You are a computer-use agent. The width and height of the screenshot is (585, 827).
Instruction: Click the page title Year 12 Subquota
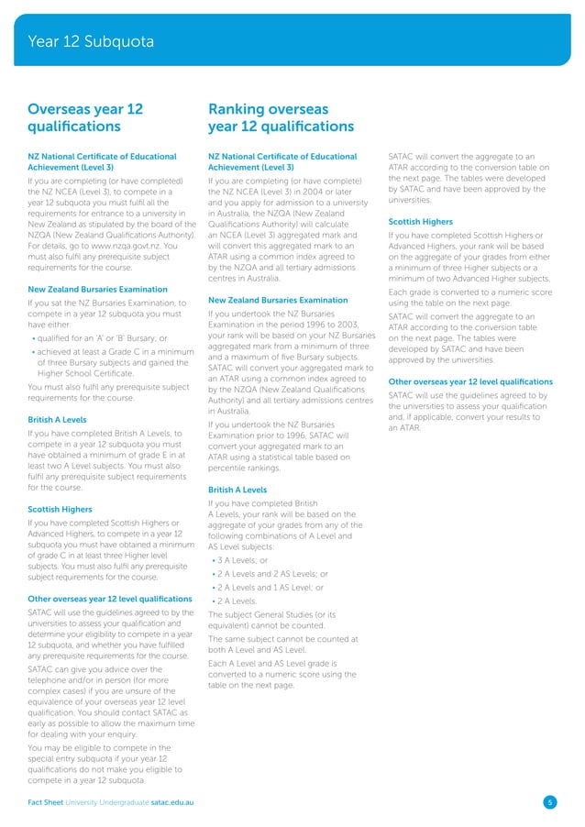coord(91,41)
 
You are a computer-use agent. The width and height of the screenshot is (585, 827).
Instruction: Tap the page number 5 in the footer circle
coord(549,802)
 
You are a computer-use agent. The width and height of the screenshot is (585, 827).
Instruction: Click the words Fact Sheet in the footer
coord(50,802)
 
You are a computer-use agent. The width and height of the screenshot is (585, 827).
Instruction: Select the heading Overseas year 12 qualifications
coord(86,117)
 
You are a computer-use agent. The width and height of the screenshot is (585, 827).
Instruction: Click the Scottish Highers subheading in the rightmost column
coord(422,221)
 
